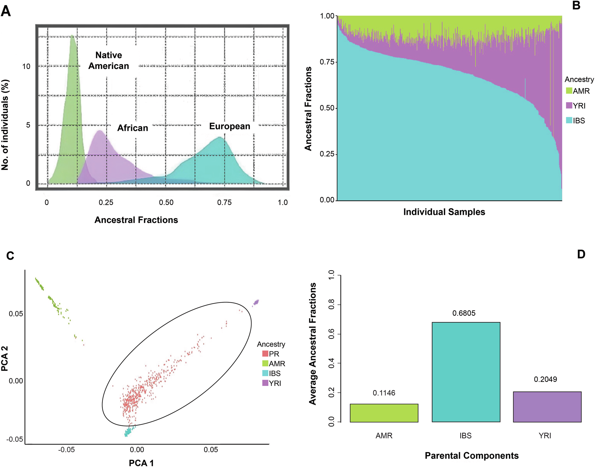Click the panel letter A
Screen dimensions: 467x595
click(6, 11)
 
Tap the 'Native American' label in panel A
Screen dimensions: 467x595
click(109, 60)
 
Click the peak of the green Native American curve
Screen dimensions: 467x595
click(72, 36)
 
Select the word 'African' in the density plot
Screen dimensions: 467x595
click(132, 128)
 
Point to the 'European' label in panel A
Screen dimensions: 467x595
click(229, 126)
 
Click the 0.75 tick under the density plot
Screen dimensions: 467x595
click(224, 202)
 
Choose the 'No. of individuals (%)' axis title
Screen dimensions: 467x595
click(5, 125)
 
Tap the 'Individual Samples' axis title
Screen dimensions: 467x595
click(444, 212)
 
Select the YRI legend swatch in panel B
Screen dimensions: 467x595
click(569, 105)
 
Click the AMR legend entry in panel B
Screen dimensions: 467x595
click(577, 91)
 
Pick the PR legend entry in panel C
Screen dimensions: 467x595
click(270, 354)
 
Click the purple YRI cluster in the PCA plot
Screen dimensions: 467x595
click(256, 303)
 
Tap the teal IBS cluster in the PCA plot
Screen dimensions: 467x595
click(129, 431)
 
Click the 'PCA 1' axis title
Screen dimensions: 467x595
click(141, 463)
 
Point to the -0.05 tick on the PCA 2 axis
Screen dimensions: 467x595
click(15, 439)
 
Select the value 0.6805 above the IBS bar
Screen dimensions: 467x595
click(464, 313)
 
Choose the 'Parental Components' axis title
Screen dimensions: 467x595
click(471, 455)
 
